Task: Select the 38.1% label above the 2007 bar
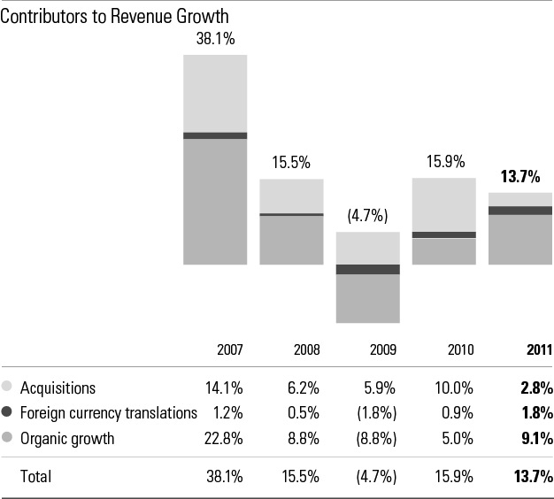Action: coord(215,39)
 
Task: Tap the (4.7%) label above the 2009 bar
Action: coord(368,216)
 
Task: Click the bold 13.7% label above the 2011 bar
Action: coord(521,177)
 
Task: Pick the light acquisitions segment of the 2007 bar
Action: coord(215,93)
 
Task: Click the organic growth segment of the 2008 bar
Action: coord(291,240)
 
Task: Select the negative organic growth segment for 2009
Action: coord(368,298)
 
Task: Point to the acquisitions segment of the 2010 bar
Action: coord(444,204)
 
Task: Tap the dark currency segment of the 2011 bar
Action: coord(521,210)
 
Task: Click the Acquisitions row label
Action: coord(58,388)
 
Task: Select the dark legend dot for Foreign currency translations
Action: coord(8,412)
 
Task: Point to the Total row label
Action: coord(36,476)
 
